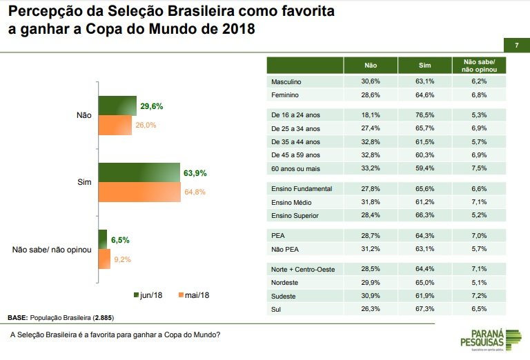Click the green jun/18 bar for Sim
[x=139, y=172]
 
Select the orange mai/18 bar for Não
[x=115, y=126]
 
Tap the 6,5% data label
[x=120, y=240]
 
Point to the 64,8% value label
[x=196, y=192]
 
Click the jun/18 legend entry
[x=148, y=295]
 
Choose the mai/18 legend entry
[x=193, y=295]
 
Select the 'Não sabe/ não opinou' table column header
[x=479, y=66]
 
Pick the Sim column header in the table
[x=424, y=66]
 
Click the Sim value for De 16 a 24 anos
[x=424, y=114]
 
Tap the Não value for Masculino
[x=371, y=81]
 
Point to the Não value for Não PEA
[x=371, y=249]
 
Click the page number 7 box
[x=516, y=46]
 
